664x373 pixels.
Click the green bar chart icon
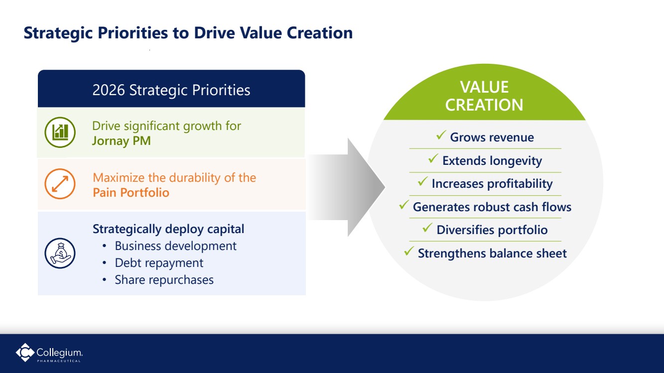coord(60,132)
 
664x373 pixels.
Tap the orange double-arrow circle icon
coord(60,184)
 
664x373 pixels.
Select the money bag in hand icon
coord(60,253)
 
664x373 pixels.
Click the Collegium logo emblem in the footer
coord(25,353)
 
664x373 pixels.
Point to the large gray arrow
coord(347,187)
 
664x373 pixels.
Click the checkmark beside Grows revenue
coord(441,135)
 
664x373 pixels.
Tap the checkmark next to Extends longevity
coord(433,158)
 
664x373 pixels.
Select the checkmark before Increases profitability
coord(423,181)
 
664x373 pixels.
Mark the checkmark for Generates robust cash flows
coord(404,204)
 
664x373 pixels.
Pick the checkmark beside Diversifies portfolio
coord(427,228)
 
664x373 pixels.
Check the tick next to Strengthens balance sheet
coord(409,251)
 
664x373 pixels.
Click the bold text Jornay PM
coord(122,141)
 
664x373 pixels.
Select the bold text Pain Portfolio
coord(131,193)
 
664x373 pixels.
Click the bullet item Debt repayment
coord(159,263)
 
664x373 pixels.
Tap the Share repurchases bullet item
coord(164,280)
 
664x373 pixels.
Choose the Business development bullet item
coord(175,246)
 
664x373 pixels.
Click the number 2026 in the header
coord(109,90)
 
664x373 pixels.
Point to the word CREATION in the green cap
coord(484,105)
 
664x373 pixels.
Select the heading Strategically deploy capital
coord(168,229)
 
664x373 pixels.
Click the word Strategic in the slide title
coord(58,33)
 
